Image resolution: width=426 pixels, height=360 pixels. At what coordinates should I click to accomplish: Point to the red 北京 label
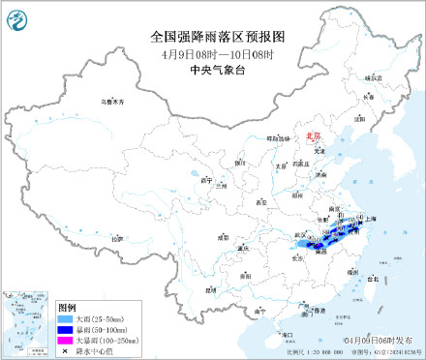tap(312, 137)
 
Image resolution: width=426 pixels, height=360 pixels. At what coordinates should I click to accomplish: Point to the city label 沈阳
tap(359, 119)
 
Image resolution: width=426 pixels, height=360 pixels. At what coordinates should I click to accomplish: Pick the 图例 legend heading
tap(67, 307)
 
